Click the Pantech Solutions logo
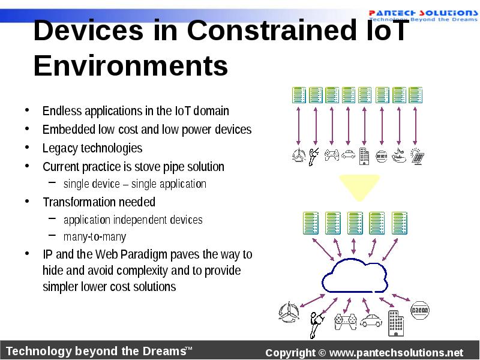tap(422, 14)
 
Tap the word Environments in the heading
tap(131, 66)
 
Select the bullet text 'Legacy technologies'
tap(92, 148)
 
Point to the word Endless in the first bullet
tap(62, 111)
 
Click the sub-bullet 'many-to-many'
tap(95, 237)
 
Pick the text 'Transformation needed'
tap(99, 202)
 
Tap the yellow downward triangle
tap(359, 187)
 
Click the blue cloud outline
tap(354, 275)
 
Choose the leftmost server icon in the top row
tap(299, 95)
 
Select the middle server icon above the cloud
tap(355, 222)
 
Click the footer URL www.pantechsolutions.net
tap(396, 352)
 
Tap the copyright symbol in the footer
tap(322, 352)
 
